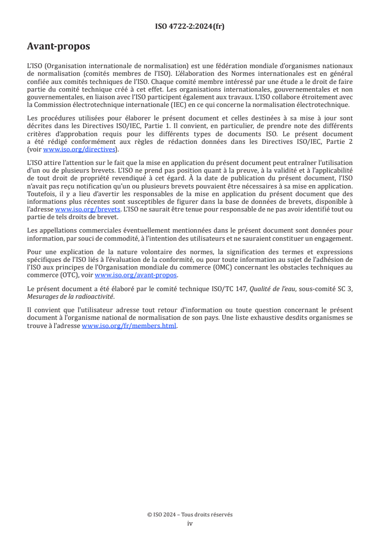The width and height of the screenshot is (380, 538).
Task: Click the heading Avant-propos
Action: (x=58, y=47)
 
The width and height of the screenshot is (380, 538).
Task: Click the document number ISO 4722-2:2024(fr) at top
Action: (x=190, y=26)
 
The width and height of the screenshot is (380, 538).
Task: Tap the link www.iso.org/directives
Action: (x=79, y=149)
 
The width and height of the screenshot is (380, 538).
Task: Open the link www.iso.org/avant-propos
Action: (x=136, y=275)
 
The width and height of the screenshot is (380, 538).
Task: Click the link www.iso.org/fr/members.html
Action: (x=129, y=326)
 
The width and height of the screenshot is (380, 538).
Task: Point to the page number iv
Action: (x=190, y=523)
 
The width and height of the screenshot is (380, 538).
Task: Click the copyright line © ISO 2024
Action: (x=190, y=515)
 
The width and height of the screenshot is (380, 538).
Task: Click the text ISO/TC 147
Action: (x=219, y=289)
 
